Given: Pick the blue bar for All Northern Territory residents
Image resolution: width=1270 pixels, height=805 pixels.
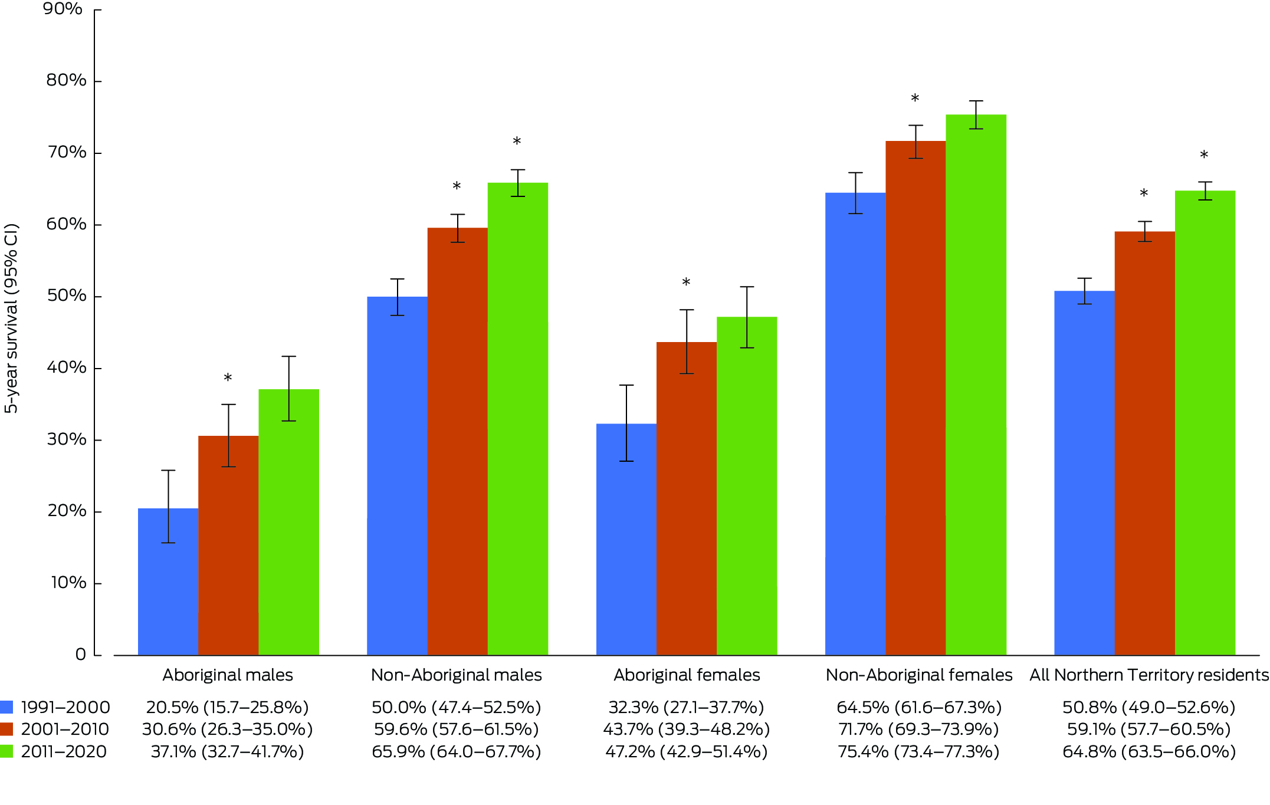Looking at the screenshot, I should pos(1084,472).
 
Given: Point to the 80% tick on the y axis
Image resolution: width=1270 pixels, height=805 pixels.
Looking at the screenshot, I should pos(97,81).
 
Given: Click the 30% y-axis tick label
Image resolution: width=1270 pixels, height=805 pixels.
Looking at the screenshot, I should pos(66,439).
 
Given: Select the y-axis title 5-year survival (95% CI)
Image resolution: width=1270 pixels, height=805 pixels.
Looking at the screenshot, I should pos(12,318).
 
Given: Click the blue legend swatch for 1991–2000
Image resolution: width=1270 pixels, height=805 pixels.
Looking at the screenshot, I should pos(6,707).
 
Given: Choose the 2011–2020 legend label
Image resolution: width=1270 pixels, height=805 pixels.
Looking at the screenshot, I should pos(64,751).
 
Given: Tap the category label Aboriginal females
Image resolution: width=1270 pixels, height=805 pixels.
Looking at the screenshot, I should pos(687,675).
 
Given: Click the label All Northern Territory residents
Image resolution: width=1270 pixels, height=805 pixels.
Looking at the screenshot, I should pos(1148,675).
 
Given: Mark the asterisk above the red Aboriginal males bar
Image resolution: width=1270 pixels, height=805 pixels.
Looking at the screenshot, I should pos(228,378).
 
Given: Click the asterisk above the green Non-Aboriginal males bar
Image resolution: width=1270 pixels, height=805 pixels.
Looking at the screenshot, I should pos(517,142).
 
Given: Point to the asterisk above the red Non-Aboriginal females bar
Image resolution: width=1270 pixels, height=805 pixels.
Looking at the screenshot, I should pos(915,98).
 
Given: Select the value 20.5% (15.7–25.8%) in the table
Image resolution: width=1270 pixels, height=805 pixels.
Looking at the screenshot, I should pos(227,707).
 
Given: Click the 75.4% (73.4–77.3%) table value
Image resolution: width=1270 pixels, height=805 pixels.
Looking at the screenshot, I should pos(918,751).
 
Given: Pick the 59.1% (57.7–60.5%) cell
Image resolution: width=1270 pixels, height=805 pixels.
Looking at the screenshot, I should pos(1148,730).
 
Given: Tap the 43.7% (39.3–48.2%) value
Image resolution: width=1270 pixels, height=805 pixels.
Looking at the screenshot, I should pos(686,730).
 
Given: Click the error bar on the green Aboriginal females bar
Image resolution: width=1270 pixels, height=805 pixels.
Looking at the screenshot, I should pos(747,317).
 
